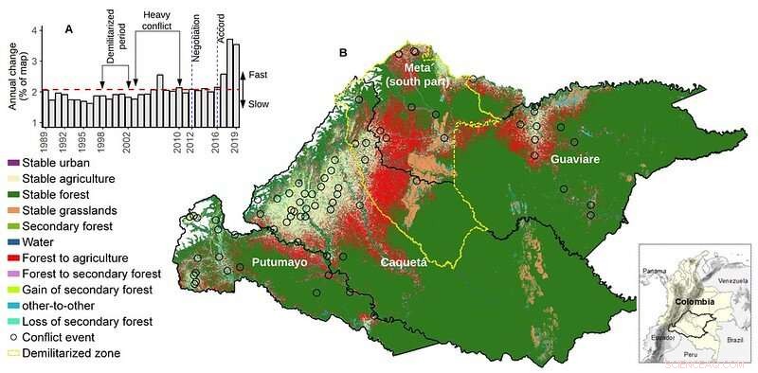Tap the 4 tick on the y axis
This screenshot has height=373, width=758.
[x=34, y=30]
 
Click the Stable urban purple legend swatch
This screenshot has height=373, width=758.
[x=14, y=163]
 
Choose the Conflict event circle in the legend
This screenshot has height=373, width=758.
[x=14, y=337]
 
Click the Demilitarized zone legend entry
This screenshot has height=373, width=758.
[x=77, y=352]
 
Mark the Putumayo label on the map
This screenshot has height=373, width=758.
[x=277, y=261]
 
